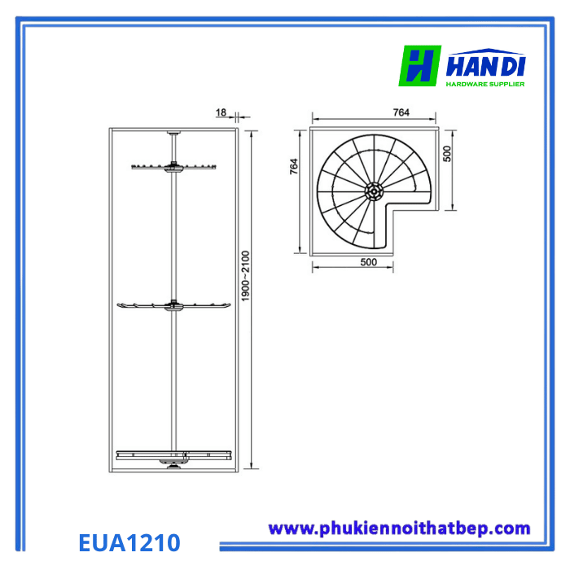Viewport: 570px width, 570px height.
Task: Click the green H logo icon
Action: coord(419,65)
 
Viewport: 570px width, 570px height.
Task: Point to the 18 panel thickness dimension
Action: coord(221,113)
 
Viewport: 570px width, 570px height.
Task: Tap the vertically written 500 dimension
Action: coord(446,155)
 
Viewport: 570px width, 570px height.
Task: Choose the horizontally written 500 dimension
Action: coord(368,262)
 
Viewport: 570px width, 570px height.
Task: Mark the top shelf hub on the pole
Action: coord(174,169)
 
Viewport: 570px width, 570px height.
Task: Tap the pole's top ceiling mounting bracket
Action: coord(174,133)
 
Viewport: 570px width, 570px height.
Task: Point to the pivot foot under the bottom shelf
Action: coord(173,466)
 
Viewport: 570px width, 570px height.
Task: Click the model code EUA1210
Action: coord(129,541)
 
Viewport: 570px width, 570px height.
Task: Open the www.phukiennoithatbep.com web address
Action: coord(399,528)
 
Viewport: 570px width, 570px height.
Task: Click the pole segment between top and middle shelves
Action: coord(174,236)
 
